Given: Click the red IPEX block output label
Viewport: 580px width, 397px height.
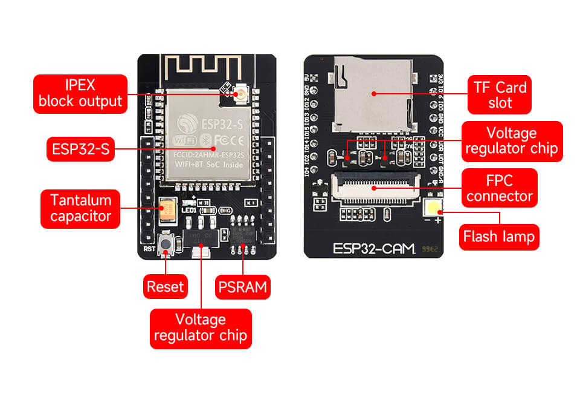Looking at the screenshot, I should [80, 93].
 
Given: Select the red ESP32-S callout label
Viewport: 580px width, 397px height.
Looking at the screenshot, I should [80, 148].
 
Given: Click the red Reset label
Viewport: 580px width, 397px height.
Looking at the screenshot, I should [165, 286].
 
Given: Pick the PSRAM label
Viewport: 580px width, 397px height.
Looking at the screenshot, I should [242, 286].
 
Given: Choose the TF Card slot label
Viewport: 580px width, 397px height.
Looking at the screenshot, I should [500, 94].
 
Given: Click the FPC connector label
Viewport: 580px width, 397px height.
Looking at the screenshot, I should [499, 188].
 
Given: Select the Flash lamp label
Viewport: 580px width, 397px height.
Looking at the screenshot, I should [498, 236].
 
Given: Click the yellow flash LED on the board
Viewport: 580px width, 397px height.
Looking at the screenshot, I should [433, 208].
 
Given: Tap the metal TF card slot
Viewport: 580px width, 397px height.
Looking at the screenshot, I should [375, 94].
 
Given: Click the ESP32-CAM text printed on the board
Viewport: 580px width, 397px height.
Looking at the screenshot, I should [375, 249].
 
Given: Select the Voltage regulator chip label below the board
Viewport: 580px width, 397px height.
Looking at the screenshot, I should [201, 328].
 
